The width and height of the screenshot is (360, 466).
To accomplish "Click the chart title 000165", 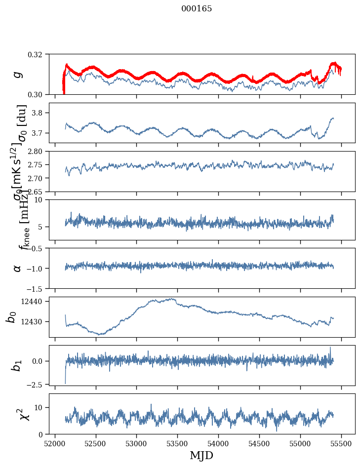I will [x=197, y=9].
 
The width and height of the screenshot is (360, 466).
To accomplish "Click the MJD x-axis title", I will [x=201, y=456].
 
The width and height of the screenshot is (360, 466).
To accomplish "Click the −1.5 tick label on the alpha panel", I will [x=40, y=288].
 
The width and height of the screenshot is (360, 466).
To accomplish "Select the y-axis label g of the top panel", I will [x=18, y=74].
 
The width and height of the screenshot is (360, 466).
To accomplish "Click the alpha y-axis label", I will [x=18, y=268].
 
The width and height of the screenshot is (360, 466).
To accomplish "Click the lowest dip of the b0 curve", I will [x=100, y=334].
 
